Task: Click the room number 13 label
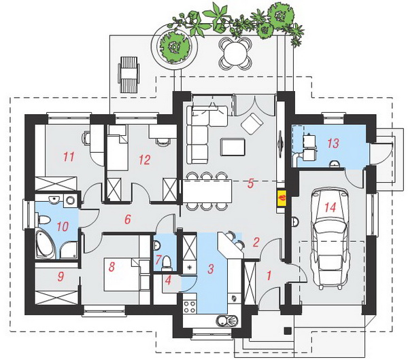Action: (x=333, y=143)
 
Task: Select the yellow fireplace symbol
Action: (x=282, y=199)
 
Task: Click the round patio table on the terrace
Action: (x=235, y=53)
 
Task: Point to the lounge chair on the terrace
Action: (x=129, y=74)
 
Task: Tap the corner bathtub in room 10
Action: (x=46, y=244)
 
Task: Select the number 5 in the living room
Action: (x=250, y=183)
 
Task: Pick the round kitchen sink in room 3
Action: (x=227, y=321)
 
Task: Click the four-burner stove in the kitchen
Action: (x=190, y=307)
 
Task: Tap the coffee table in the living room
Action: (x=233, y=147)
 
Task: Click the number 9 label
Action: (x=61, y=277)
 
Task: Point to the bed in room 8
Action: (x=122, y=274)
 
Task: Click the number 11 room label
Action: (x=69, y=157)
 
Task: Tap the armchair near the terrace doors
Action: (x=252, y=124)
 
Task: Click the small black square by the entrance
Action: (x=288, y=331)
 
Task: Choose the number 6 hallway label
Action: (x=128, y=219)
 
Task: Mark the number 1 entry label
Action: (x=269, y=276)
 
